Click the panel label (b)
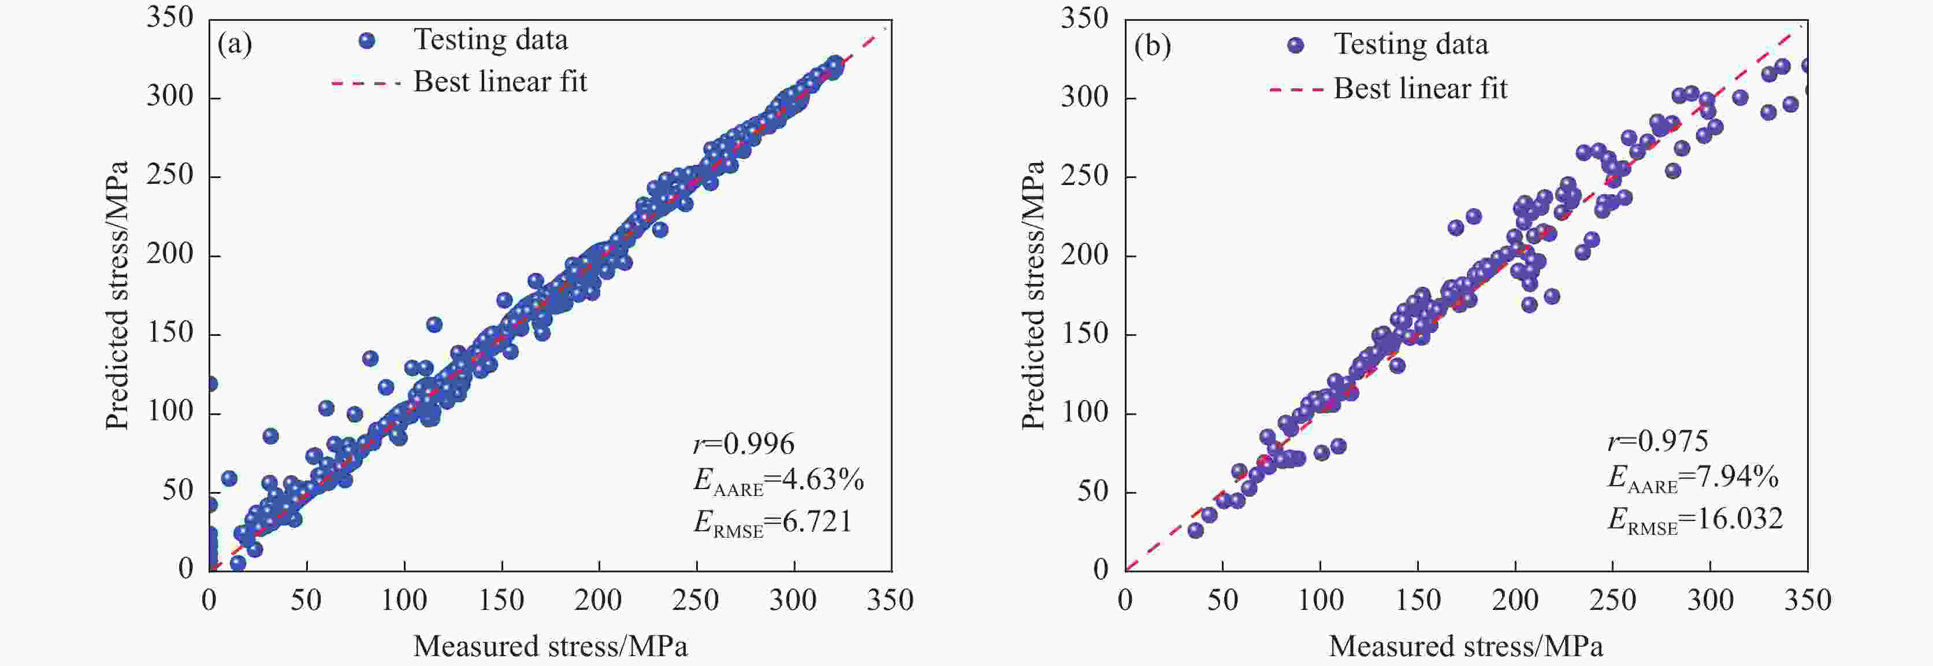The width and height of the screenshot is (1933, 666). (1152, 47)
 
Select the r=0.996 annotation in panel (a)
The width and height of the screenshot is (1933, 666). (744, 445)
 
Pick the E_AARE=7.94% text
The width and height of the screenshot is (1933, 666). (1692, 478)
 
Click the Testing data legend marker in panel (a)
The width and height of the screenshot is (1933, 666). (367, 40)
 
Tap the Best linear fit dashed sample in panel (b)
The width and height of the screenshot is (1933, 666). (1296, 90)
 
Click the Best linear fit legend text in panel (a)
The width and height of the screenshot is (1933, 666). (500, 82)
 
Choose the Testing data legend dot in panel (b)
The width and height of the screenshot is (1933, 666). (1295, 45)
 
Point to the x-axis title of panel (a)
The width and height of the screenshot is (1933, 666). (550, 646)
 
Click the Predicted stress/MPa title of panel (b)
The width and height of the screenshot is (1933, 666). (1034, 295)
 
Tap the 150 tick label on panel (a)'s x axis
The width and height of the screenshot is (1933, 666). (501, 600)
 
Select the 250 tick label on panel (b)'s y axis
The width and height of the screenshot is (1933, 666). (1084, 176)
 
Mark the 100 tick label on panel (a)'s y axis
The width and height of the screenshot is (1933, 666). (170, 412)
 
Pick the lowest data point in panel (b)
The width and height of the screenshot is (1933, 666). (1195, 531)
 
